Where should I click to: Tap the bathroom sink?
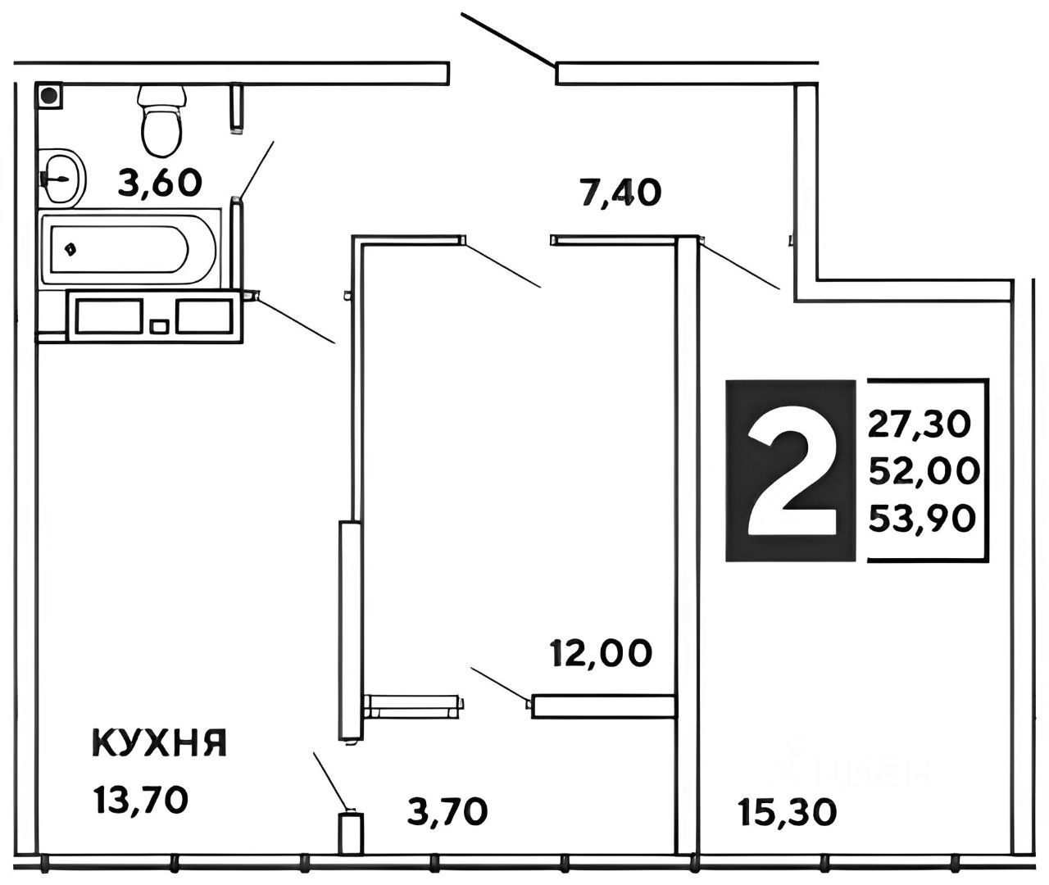click(61, 176)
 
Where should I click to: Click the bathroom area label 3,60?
click(160, 182)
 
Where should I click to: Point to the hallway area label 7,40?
click(620, 193)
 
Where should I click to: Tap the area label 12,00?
click(602, 653)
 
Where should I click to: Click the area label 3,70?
click(447, 811)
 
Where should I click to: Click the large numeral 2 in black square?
click(792, 470)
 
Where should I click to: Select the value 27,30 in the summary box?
click(920, 424)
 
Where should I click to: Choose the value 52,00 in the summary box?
click(924, 470)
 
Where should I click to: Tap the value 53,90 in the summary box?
click(923, 517)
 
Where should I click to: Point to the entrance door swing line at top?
click(508, 39)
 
